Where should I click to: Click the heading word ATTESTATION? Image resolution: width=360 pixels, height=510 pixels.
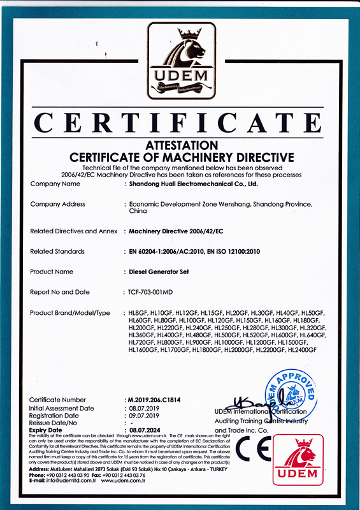coord(181,146)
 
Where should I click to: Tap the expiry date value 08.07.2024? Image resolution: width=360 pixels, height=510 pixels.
coord(145,430)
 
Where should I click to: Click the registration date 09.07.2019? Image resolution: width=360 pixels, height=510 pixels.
coord(143,415)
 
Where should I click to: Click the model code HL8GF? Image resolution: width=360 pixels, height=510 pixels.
coord(138,312)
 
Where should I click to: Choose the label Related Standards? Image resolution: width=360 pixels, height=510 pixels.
coord(57,252)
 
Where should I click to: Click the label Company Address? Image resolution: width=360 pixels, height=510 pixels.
coord(58,204)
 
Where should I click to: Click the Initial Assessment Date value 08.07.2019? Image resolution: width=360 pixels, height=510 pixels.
coord(143,407)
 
